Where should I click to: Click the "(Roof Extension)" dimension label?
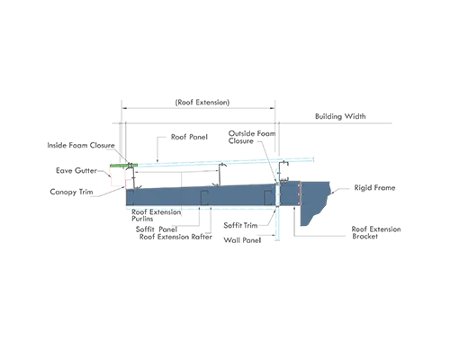(x=202, y=103)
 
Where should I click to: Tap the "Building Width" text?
(x=340, y=116)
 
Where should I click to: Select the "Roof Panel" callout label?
(x=189, y=137)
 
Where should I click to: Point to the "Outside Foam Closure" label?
(x=252, y=137)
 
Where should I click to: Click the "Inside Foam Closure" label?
(x=81, y=145)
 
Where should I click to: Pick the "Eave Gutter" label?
(x=76, y=170)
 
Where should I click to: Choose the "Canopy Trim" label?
(x=71, y=192)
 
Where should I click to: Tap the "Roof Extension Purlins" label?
(x=156, y=215)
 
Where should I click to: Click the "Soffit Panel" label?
(x=157, y=229)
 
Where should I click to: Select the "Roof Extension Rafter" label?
(x=175, y=237)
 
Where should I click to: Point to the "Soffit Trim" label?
(x=240, y=225)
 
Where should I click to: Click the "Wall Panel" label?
(x=242, y=240)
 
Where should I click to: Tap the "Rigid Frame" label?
(x=374, y=188)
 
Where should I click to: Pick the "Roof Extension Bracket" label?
(x=376, y=232)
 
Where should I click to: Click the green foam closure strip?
(x=123, y=166)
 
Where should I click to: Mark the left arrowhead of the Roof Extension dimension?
(x=124, y=108)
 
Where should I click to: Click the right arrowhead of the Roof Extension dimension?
(x=273, y=108)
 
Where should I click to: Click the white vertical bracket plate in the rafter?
(x=277, y=194)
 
